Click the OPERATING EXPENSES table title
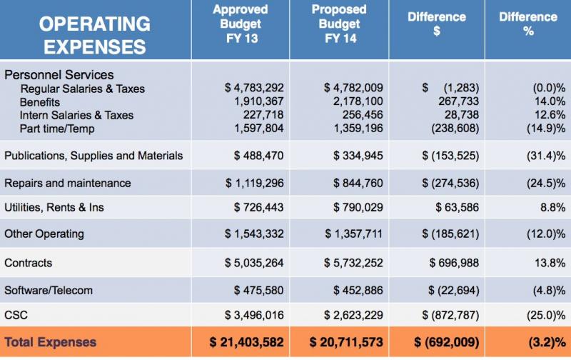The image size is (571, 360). point(95,35)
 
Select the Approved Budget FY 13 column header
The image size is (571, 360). point(241,24)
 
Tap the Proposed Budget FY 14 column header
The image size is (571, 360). point(340,24)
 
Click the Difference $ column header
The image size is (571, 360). point(437,24)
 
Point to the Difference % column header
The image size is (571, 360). point(528,24)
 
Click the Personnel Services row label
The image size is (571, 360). point(59,75)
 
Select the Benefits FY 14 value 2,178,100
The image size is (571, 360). point(358,101)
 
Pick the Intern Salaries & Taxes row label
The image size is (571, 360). point(76,115)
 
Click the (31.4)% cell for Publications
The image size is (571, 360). point(546,156)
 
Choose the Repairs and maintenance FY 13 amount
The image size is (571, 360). point(254,183)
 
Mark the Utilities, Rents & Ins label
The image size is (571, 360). point(54,207)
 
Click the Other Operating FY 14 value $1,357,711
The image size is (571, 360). point(353,234)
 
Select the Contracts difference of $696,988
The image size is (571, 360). point(454,263)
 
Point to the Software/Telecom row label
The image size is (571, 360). point(49,291)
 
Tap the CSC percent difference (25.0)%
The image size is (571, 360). point(546,315)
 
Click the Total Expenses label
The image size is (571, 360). point(50,342)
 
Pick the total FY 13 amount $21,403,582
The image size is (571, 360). point(246,342)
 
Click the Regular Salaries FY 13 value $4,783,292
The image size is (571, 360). point(254,88)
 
